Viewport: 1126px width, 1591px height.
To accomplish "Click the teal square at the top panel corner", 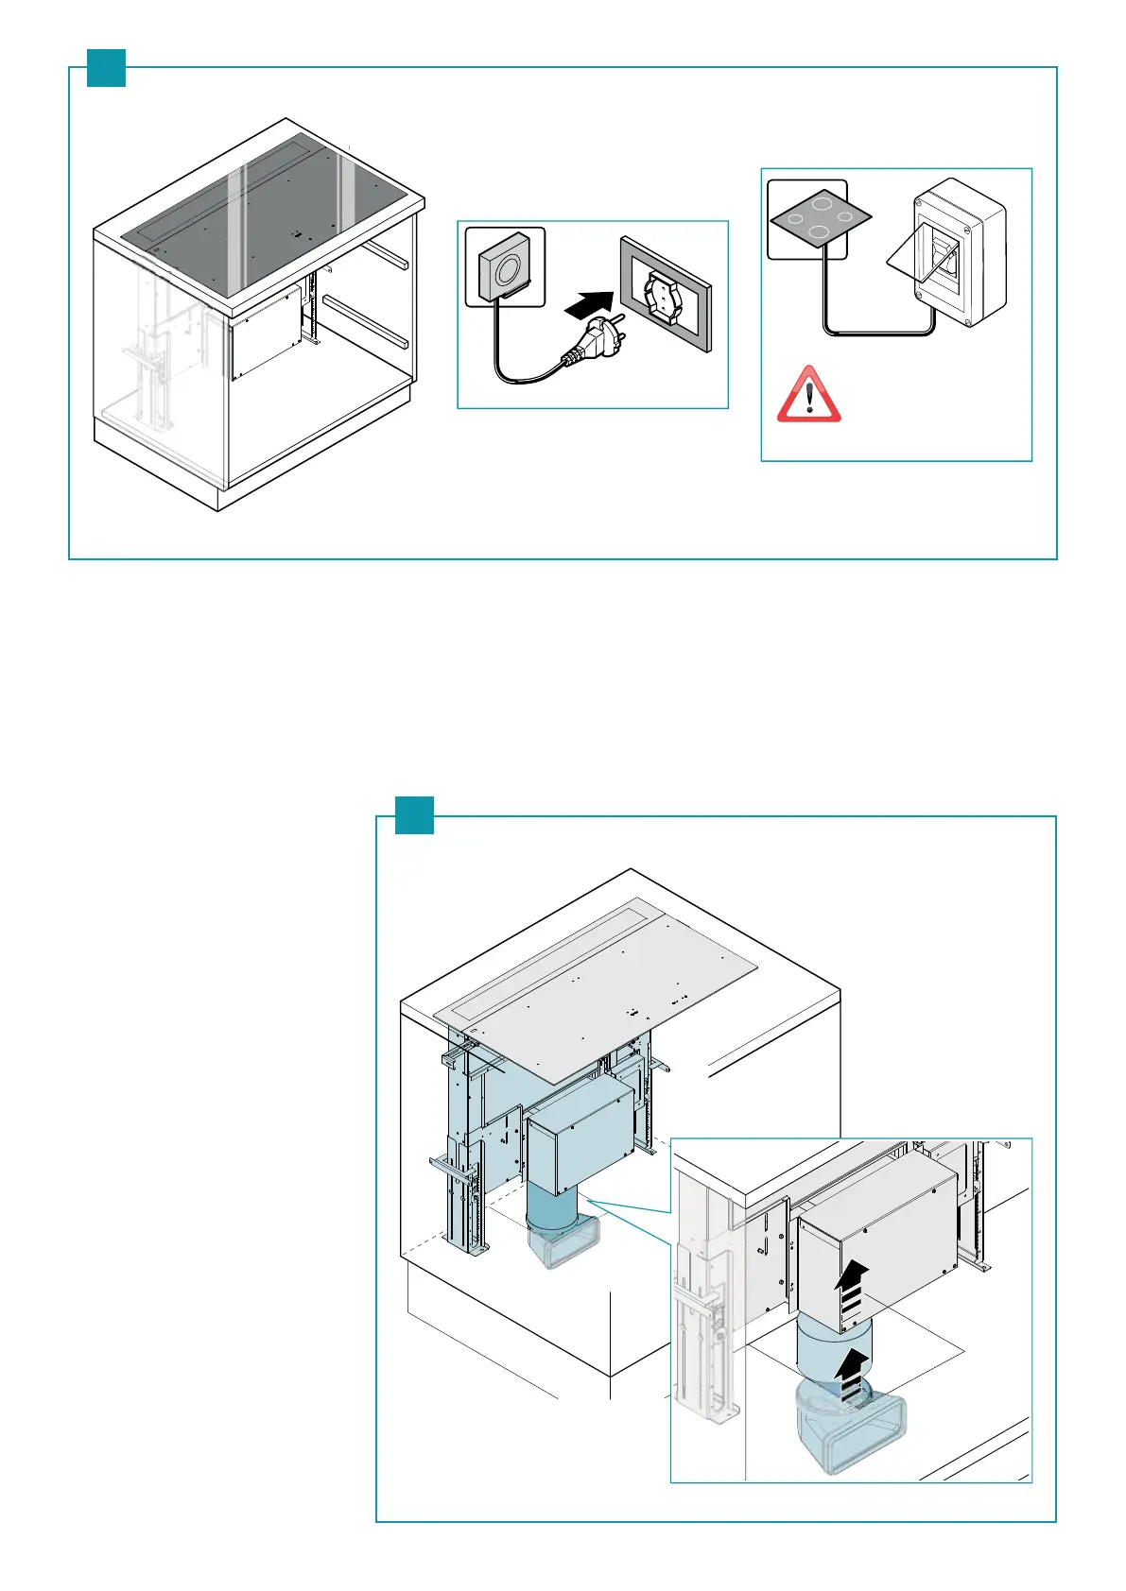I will (x=106, y=67).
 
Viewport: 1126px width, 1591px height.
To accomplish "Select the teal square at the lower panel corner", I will (x=414, y=815).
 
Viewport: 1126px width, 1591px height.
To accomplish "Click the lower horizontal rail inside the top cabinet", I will (x=364, y=319).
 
